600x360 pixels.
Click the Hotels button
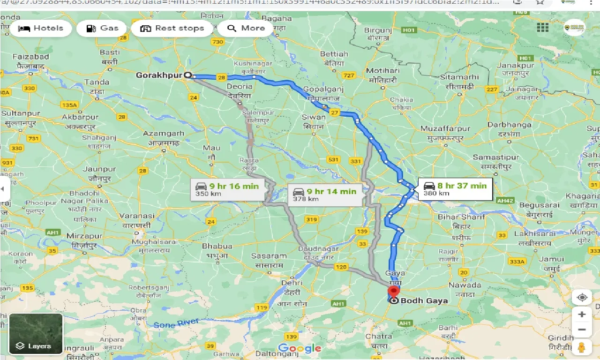click(x=40, y=28)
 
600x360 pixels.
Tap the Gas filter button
click(x=102, y=28)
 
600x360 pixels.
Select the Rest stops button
click(x=172, y=28)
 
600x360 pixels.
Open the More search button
click(x=246, y=28)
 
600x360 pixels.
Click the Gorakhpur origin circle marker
click(x=188, y=75)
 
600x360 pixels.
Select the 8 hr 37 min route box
click(x=455, y=189)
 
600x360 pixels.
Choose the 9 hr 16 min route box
click(x=227, y=189)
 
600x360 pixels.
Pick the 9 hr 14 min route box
click(x=325, y=195)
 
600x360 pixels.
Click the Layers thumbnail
click(x=36, y=334)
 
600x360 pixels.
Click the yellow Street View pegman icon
click(x=582, y=347)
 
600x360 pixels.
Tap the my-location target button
click(x=582, y=297)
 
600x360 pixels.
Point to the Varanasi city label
click(x=137, y=216)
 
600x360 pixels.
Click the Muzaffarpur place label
click(x=445, y=128)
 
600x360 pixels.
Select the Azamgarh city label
click(x=163, y=134)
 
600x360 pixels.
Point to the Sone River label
click(x=176, y=323)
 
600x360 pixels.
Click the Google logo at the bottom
click(x=300, y=348)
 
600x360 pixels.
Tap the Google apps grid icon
click(x=542, y=28)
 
